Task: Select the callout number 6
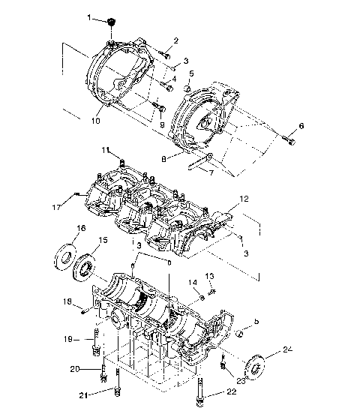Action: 301,126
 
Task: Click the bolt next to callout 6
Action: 288,137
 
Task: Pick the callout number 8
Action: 163,158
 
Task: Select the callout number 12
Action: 244,200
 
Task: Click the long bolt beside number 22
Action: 201,391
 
